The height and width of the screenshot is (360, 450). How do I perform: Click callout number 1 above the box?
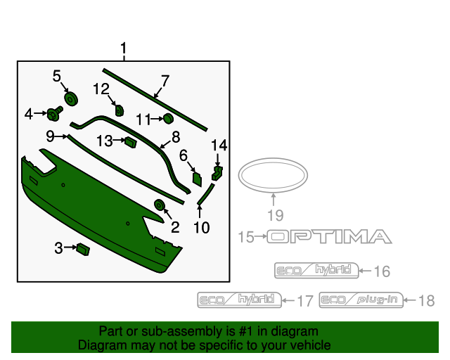[x=123, y=49]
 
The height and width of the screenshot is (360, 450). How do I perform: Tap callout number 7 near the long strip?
[x=165, y=80]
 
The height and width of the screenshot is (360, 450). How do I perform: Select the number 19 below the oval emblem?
[x=274, y=214]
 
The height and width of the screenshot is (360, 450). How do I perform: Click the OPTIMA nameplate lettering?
[x=328, y=237]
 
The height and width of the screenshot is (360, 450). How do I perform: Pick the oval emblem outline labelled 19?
[x=273, y=175]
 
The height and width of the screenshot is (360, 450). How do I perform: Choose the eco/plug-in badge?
[x=361, y=300]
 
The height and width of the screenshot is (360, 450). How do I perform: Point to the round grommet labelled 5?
[x=70, y=98]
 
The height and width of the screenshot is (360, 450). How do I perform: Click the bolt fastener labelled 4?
[x=53, y=113]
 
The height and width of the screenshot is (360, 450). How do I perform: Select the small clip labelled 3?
[x=83, y=248]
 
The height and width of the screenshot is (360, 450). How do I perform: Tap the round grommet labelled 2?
[x=160, y=205]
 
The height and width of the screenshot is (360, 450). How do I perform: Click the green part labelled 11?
[x=168, y=119]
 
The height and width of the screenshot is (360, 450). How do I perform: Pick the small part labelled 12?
[x=119, y=109]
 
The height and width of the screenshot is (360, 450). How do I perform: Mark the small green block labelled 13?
[x=130, y=143]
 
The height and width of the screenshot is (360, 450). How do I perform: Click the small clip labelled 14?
[x=217, y=171]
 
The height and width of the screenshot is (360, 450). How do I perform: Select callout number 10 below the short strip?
[x=201, y=226]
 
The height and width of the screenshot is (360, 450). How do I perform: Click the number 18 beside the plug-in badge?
[x=427, y=301]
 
